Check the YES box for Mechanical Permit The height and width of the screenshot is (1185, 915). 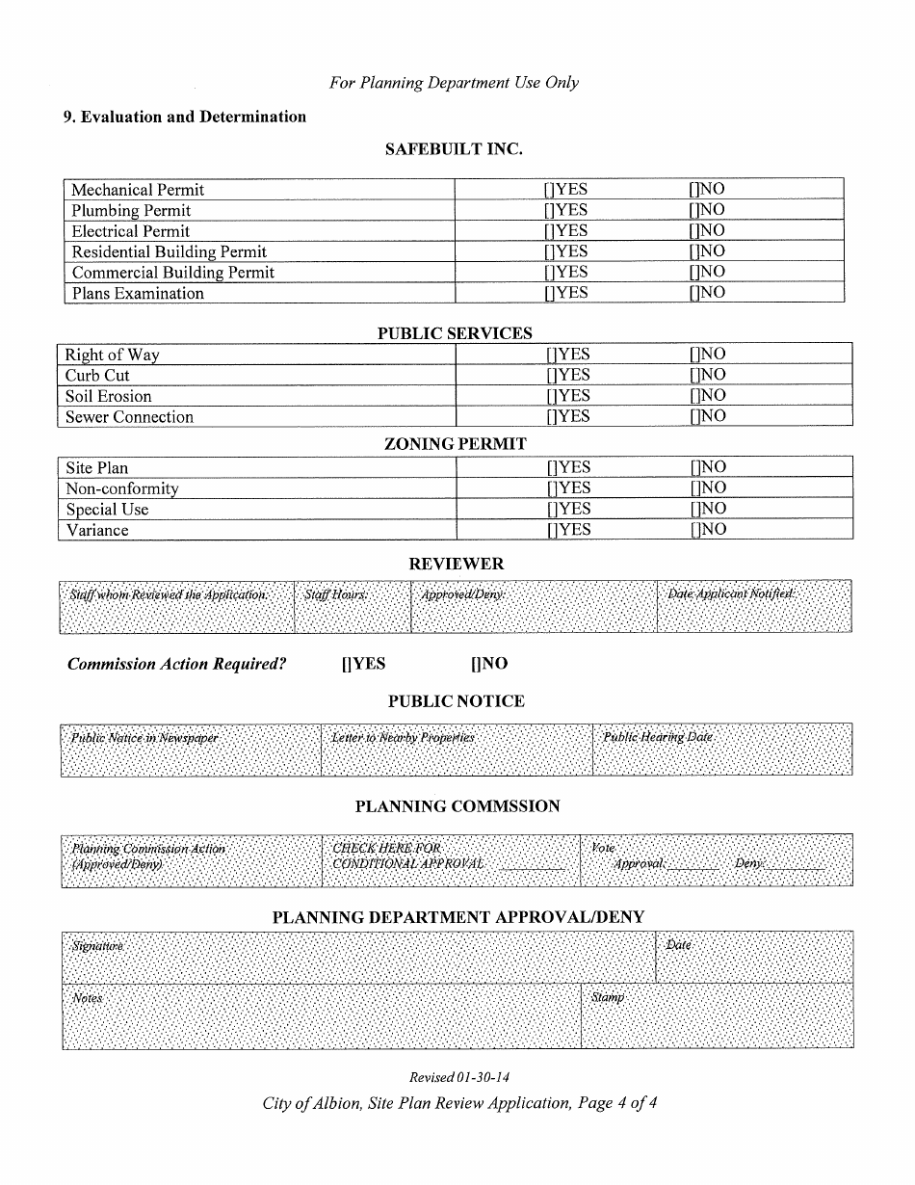pyautogui.click(x=548, y=190)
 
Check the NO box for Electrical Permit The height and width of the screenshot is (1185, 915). pyautogui.click(x=693, y=231)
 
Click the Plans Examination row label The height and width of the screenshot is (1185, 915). pyautogui.click(x=138, y=294)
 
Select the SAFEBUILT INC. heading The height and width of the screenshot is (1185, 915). pyautogui.click(x=454, y=149)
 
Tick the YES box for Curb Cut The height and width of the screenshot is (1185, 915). pyautogui.click(x=551, y=376)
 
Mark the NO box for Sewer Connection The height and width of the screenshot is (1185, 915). pyautogui.click(x=693, y=417)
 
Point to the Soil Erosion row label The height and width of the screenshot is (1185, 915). pyautogui.click(x=108, y=397)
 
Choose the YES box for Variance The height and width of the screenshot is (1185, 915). pyautogui.click(x=551, y=530)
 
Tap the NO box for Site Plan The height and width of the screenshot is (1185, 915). pyautogui.click(x=693, y=468)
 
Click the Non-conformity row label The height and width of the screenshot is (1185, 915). pyautogui.click(x=121, y=489)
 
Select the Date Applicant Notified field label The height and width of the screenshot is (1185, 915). pyautogui.click(x=731, y=593)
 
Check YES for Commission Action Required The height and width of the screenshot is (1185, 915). pyautogui.click(x=346, y=664)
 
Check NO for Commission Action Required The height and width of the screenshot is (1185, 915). pyautogui.click(x=475, y=664)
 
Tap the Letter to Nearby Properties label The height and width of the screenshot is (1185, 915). pyautogui.click(x=403, y=737)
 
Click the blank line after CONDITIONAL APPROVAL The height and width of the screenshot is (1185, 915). pyautogui.click(x=532, y=865)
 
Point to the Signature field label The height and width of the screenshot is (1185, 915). pyautogui.click(x=97, y=946)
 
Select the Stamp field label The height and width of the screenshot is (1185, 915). pyautogui.click(x=608, y=998)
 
